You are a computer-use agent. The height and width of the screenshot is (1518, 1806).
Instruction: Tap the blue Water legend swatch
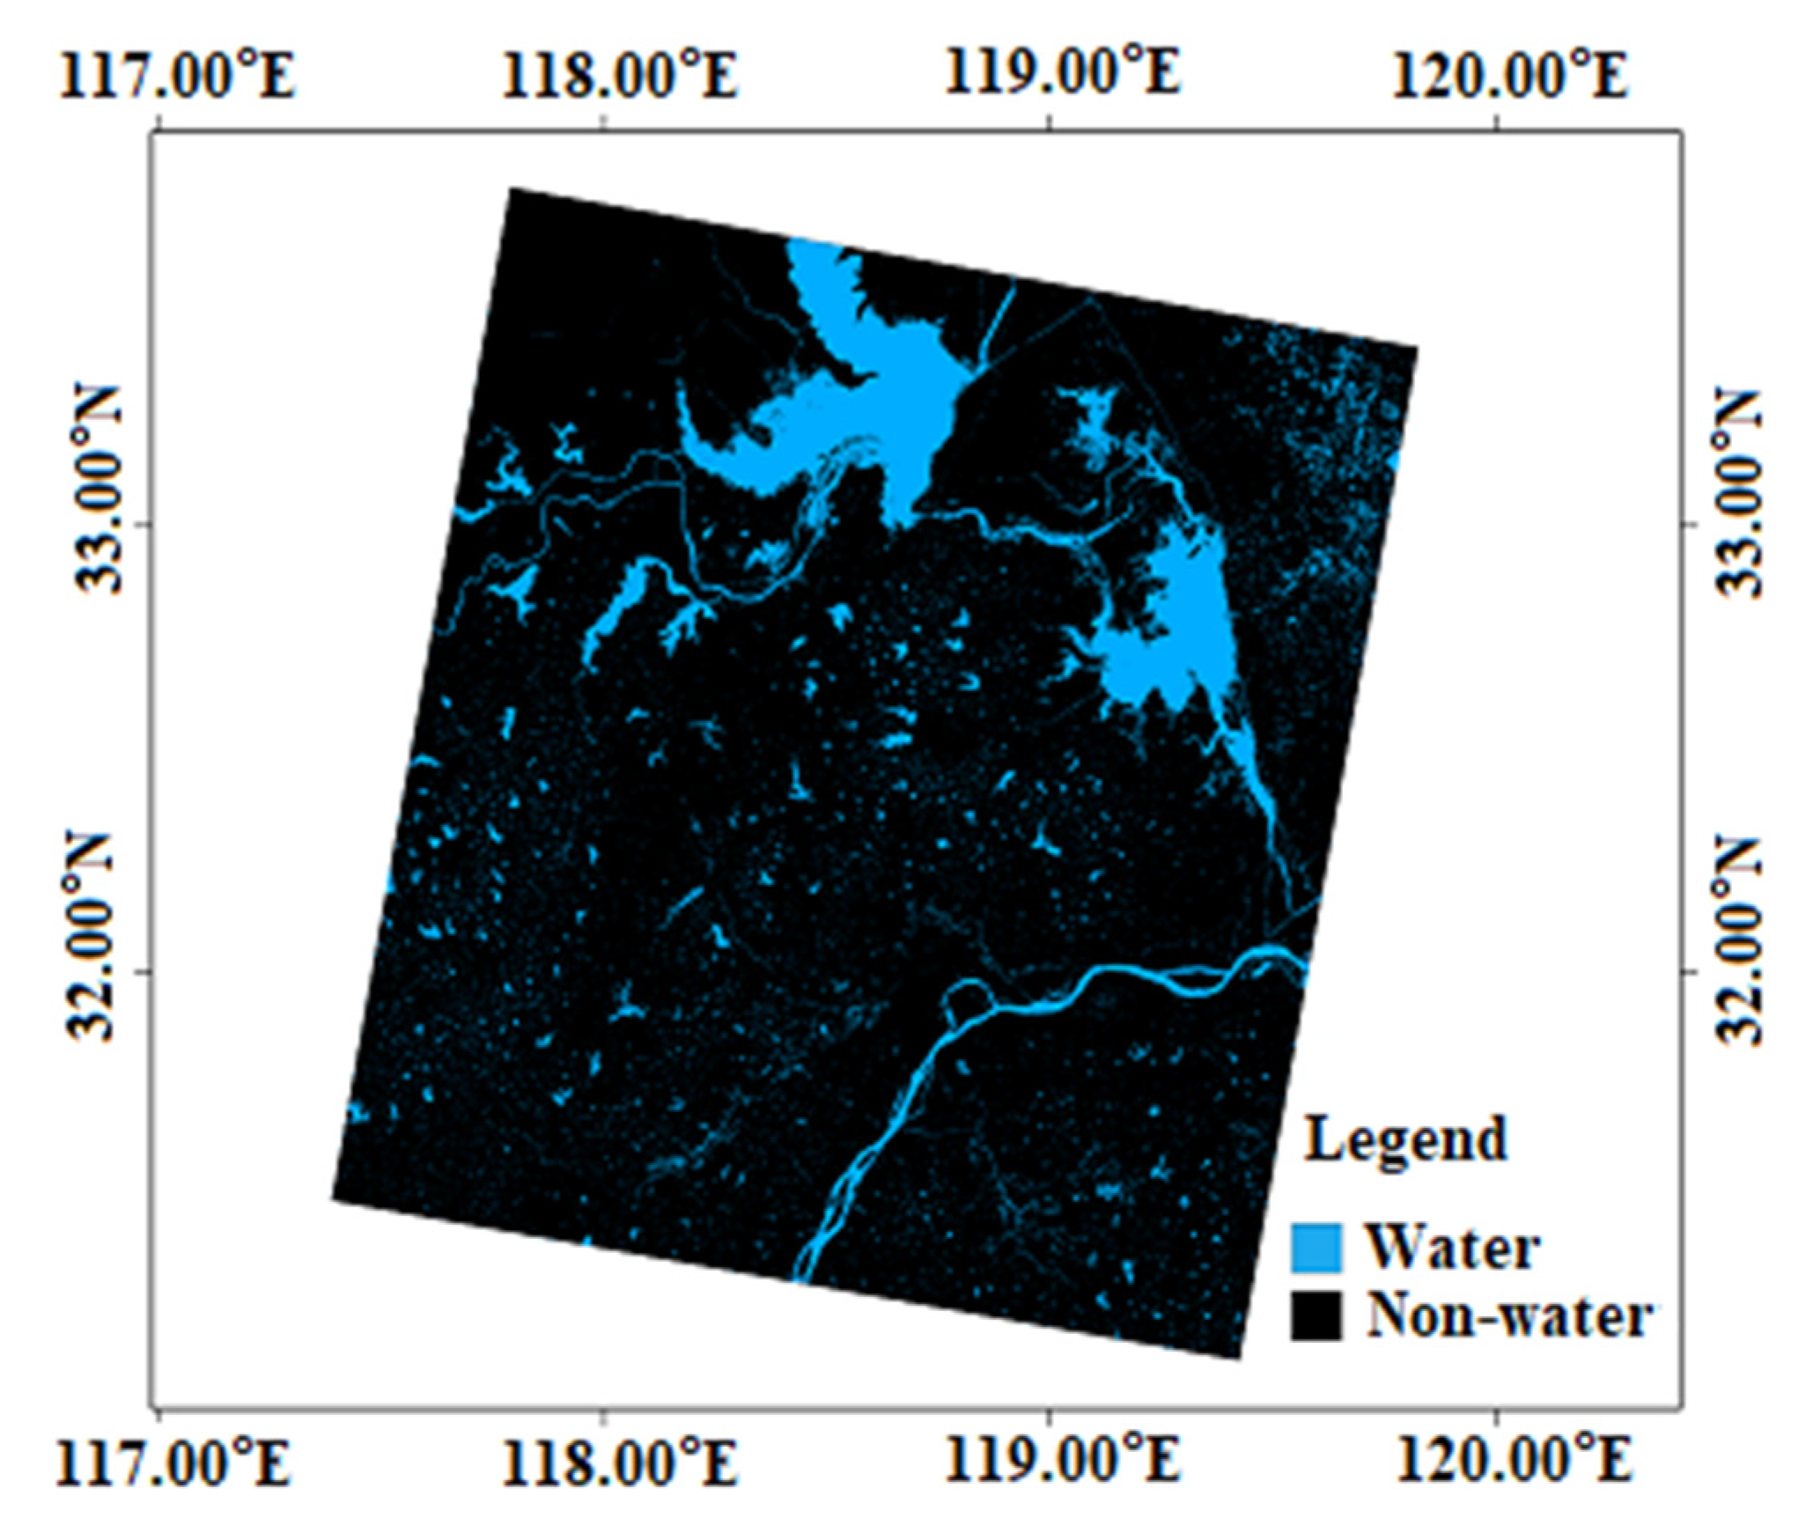pyautogui.click(x=1316, y=1247)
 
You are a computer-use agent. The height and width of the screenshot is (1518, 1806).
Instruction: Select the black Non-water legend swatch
pyautogui.click(x=1316, y=1315)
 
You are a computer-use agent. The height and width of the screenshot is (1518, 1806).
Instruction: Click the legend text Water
pyautogui.click(x=1453, y=1247)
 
